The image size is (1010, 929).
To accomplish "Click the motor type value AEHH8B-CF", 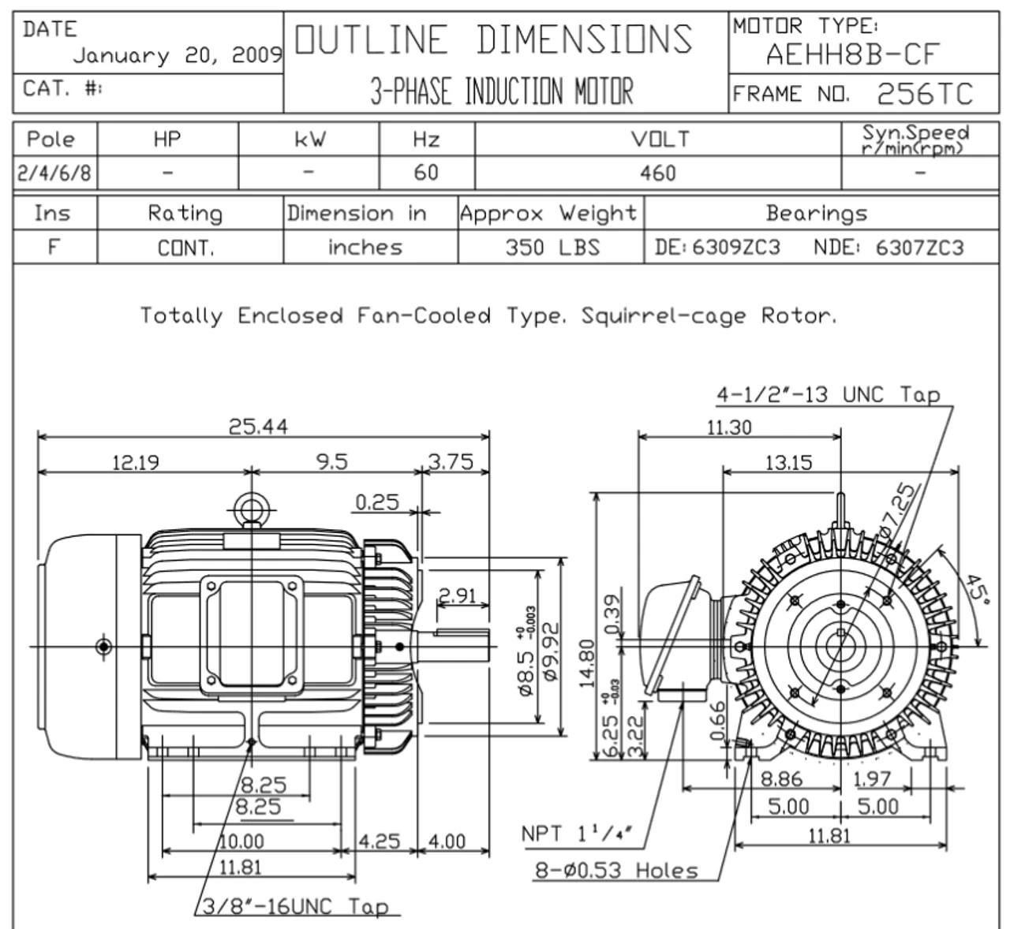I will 853,55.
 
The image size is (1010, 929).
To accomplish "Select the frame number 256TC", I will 925,95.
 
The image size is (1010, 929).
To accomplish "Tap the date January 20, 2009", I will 178,56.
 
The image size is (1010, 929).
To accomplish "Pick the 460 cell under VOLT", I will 658,173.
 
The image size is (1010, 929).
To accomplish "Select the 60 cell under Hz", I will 426,173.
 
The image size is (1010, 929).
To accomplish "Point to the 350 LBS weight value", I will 552,248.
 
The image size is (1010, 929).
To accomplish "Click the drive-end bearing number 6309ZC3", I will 735,248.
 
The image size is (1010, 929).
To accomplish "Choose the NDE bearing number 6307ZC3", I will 919,248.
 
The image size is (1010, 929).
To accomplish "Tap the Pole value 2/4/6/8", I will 54,173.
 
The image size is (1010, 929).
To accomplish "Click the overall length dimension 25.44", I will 258,427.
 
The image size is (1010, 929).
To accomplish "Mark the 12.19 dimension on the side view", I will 135,462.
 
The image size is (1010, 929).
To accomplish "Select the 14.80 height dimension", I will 586,663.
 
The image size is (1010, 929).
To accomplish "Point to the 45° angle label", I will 978,588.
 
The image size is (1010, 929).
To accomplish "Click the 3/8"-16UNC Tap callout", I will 296,906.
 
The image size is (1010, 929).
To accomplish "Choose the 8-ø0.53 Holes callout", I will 616,871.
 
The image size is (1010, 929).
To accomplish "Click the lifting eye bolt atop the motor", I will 251,507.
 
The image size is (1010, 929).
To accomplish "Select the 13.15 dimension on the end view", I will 788,462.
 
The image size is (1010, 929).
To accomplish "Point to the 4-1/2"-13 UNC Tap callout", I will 828,394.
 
